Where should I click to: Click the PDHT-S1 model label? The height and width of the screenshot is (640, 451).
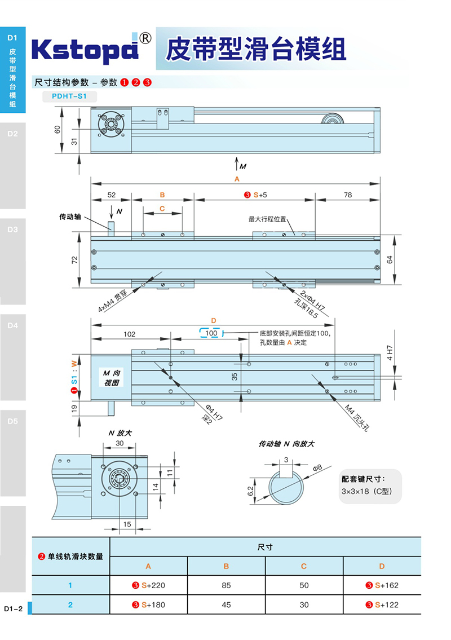(x=69, y=96)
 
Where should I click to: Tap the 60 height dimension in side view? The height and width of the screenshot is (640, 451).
(x=58, y=129)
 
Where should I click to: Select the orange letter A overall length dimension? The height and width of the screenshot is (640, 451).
(x=237, y=179)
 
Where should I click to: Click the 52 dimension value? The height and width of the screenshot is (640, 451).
(x=111, y=195)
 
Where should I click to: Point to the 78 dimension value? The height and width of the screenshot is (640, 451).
(x=347, y=195)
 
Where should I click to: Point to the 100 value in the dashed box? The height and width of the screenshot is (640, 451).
(x=211, y=333)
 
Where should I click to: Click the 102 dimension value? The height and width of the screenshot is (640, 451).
(x=129, y=334)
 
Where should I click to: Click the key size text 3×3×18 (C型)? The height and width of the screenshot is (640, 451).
(x=371, y=491)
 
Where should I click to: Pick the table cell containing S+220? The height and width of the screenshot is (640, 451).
(x=149, y=585)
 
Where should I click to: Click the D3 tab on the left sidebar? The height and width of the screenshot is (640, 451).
(x=13, y=229)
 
